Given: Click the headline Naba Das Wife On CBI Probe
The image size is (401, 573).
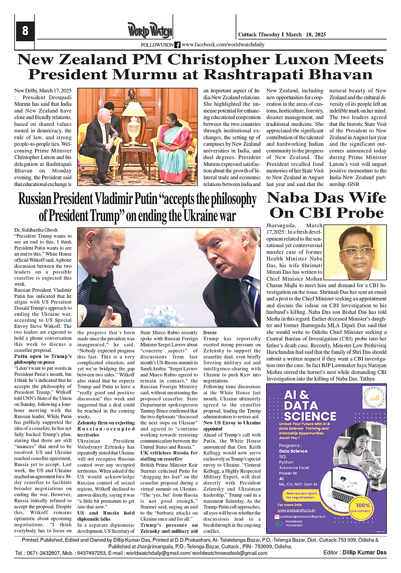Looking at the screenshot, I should pyautogui.click(x=326, y=205).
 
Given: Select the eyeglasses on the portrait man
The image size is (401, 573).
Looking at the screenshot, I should pyautogui.click(x=356, y=251).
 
